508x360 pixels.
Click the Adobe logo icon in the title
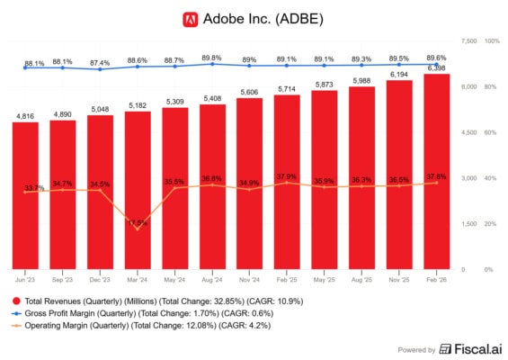[x=190, y=18]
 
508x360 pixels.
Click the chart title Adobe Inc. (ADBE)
[x=263, y=18]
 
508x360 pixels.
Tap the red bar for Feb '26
[x=437, y=171]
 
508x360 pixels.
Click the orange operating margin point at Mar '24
[x=138, y=229]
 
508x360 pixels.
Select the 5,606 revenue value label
[x=250, y=92]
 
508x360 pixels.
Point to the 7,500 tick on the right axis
[x=468, y=41]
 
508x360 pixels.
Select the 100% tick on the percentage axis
[x=493, y=41]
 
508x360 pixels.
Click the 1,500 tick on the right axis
[x=468, y=223]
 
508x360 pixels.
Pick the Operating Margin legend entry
[x=144, y=325]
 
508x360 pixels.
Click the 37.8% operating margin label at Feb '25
[x=288, y=176]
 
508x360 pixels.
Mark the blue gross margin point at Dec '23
[x=101, y=69]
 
